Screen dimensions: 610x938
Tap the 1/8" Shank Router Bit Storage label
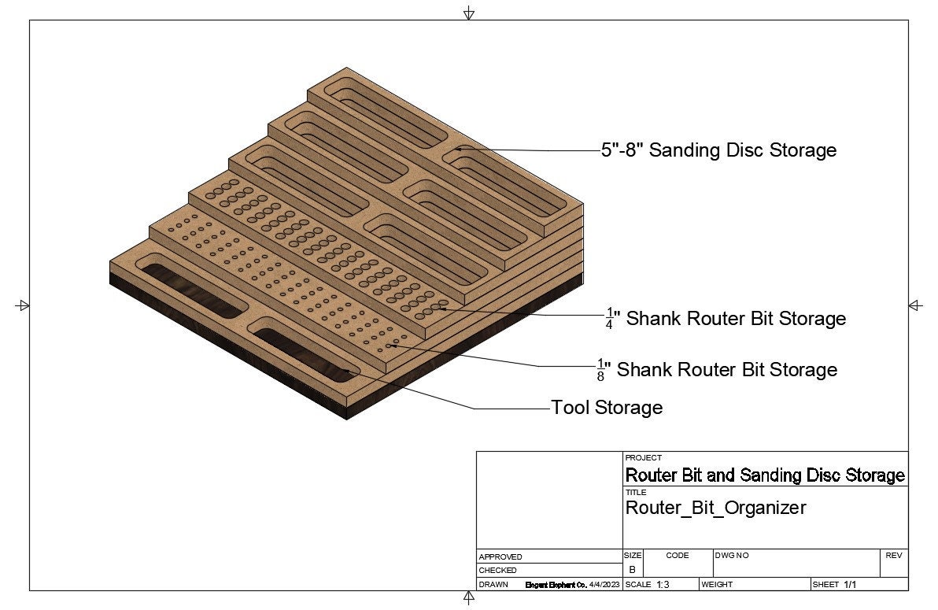coord(717,369)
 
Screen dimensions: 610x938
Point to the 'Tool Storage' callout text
coord(607,408)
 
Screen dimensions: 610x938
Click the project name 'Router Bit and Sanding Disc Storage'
coord(765,475)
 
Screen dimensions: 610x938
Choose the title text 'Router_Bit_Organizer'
coord(715,508)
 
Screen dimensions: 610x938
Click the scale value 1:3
coord(663,585)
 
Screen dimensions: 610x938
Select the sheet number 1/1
coord(850,585)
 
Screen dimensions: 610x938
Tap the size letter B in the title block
coord(632,570)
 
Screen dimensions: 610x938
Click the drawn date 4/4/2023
coord(605,585)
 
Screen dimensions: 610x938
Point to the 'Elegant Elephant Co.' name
coord(556,585)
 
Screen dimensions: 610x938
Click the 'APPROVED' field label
coord(500,556)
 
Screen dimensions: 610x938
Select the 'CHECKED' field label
coord(498,570)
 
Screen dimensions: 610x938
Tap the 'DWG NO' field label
coord(732,556)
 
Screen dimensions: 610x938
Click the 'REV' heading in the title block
coord(893,556)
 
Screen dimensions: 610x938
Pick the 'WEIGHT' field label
coord(717,585)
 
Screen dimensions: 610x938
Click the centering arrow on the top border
coord(469,13)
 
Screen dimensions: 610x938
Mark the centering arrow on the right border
coord(915,305)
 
